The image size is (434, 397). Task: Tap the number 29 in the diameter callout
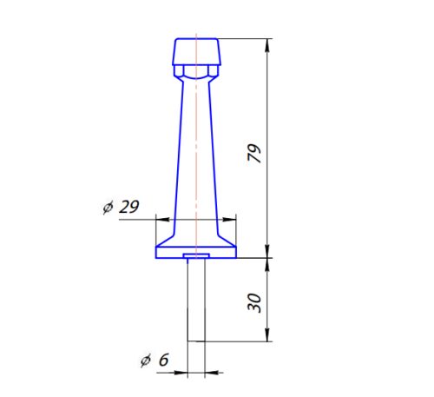[129, 208]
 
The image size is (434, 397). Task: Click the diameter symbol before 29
[108, 209]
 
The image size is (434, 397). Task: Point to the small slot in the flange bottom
[196, 256]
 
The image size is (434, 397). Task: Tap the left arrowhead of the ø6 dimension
[183, 373]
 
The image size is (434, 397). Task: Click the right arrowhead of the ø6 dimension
[209, 373]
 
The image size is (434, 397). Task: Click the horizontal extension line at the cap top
[247, 38]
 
